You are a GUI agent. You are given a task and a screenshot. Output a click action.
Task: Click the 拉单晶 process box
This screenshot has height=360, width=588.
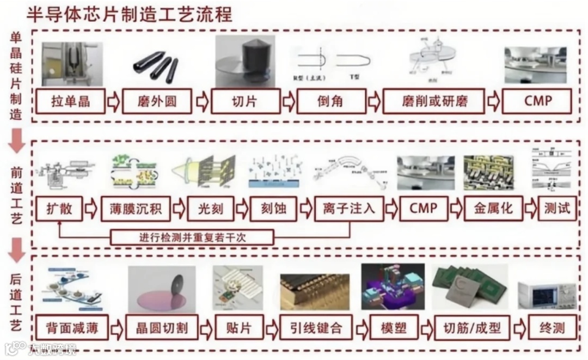tap(70, 101)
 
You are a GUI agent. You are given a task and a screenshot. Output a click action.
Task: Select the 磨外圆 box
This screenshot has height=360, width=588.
tap(157, 101)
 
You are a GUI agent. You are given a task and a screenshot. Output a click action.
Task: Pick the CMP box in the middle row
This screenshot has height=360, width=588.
tap(424, 209)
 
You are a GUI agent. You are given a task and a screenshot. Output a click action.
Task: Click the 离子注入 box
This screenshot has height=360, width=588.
tap(348, 209)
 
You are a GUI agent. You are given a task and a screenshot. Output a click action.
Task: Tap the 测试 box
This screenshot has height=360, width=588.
tap(557, 209)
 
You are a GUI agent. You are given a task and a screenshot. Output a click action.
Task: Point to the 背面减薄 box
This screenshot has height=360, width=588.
tap(70, 328)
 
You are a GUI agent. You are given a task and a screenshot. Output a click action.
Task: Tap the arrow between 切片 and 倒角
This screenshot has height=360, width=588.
tap(288, 102)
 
